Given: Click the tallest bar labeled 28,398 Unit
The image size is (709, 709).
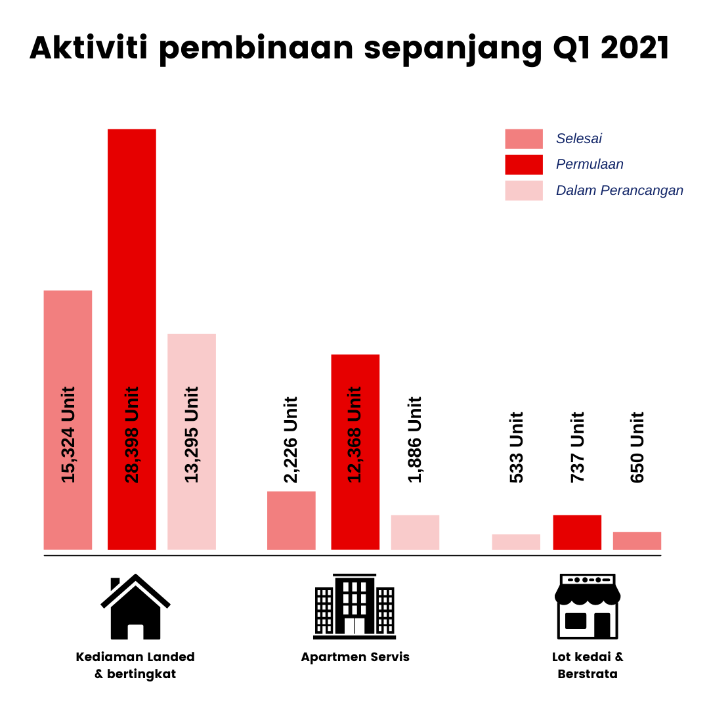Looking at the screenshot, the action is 131,339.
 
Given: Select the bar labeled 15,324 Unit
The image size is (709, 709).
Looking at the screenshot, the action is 68,419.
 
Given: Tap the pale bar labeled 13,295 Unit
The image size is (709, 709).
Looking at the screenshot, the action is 192,442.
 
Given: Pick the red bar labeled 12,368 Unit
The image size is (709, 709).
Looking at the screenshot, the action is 355,452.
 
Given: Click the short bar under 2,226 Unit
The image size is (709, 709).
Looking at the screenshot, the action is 291,521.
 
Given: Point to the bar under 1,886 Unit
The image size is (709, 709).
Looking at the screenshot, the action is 415,532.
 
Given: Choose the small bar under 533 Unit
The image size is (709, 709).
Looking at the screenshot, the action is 516,542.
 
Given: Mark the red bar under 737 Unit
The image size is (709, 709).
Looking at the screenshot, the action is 577,532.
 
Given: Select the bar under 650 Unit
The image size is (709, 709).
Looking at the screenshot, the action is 637,541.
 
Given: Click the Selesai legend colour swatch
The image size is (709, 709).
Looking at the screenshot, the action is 524,139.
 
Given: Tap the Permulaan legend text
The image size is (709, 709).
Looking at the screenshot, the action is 590,164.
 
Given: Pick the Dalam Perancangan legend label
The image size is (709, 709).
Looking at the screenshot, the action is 620,190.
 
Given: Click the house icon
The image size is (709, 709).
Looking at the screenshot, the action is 135,607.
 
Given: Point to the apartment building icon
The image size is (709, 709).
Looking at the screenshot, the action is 354,606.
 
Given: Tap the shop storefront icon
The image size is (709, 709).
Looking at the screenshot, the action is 588,606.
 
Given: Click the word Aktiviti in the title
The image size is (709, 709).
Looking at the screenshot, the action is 89,47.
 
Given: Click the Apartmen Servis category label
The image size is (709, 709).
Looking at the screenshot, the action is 355,657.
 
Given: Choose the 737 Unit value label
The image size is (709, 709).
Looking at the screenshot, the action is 578,447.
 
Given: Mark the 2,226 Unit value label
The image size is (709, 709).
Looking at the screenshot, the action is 291,439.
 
